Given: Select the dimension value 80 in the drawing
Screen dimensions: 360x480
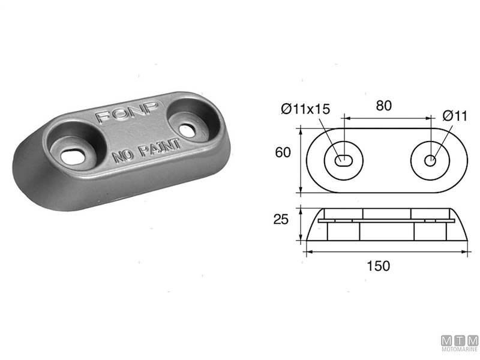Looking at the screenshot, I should pyautogui.click(x=384, y=106).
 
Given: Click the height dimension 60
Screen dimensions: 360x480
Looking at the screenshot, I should pyautogui.click(x=283, y=152).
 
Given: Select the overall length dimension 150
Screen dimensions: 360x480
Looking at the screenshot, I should pyautogui.click(x=379, y=265).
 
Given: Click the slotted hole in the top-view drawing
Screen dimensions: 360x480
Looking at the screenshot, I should pyautogui.click(x=345, y=160).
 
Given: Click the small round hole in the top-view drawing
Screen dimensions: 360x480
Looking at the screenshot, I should pyautogui.click(x=430, y=160).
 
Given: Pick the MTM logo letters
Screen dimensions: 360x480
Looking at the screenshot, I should pyautogui.click(x=460, y=341).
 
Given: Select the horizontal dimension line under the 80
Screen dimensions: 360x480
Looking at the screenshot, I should pyautogui.click(x=387, y=118).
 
